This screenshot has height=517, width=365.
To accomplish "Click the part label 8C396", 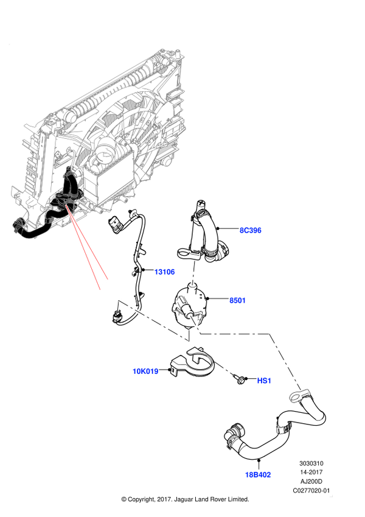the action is click(251, 230).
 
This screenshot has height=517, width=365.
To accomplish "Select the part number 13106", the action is click(164, 272).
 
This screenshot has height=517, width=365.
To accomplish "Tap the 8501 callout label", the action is click(237, 300).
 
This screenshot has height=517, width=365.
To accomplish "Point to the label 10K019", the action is click(145, 371).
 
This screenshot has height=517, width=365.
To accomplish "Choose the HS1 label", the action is click(264, 381).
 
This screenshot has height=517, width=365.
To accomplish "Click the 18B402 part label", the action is click(258, 475).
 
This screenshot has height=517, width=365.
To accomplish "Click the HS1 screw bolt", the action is click(238, 379).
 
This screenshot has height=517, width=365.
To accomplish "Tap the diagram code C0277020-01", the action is click(311, 490).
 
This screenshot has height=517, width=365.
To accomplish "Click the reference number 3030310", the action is click(311, 463).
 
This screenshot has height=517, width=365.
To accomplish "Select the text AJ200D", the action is click(311, 482).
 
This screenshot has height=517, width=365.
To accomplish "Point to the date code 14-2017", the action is click(311, 472).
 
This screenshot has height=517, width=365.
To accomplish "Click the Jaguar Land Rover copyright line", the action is click(185, 499).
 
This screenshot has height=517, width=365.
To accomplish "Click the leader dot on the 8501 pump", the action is click(208, 299).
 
